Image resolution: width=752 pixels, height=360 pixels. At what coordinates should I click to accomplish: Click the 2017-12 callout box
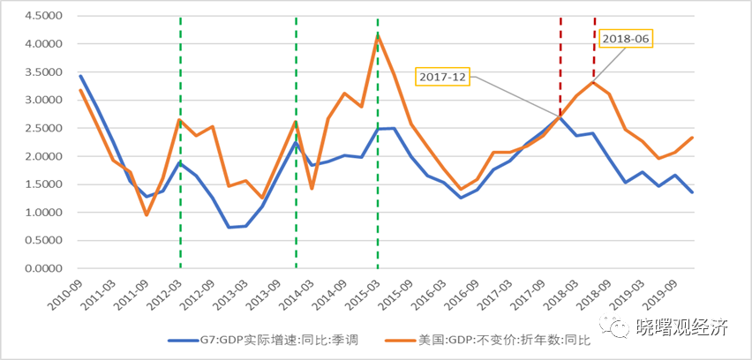(443, 78)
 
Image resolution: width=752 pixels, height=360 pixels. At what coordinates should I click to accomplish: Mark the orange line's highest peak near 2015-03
(379, 36)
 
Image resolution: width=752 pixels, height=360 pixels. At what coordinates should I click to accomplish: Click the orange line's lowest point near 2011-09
(147, 214)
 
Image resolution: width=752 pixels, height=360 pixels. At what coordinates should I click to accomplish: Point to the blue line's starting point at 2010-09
(80, 76)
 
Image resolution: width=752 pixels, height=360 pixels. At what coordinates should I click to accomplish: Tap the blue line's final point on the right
(691, 192)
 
